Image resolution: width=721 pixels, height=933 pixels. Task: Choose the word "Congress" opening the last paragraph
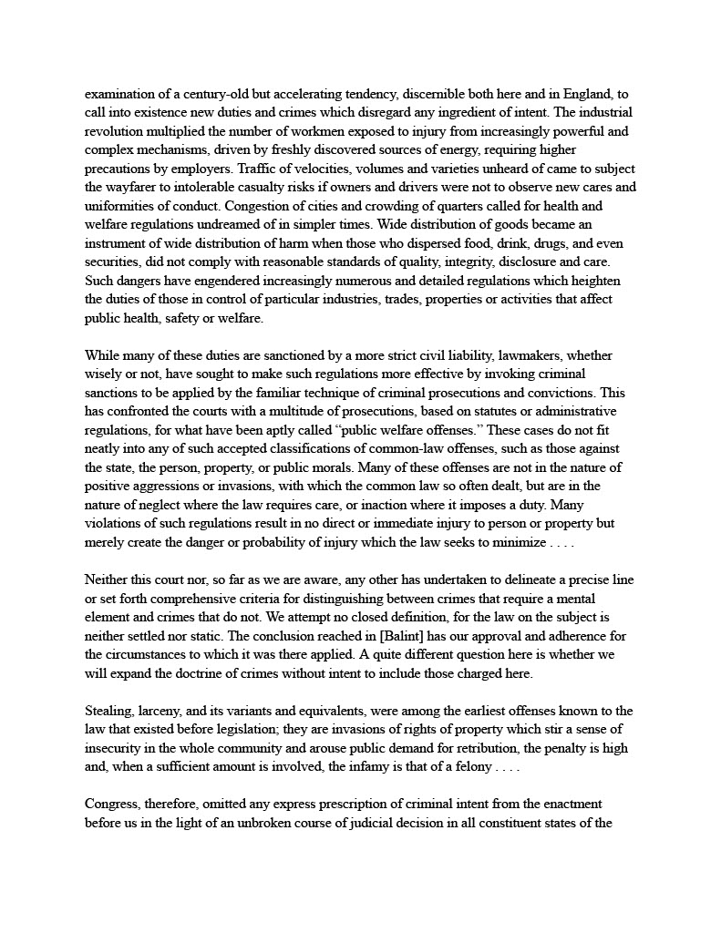click(x=113, y=804)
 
